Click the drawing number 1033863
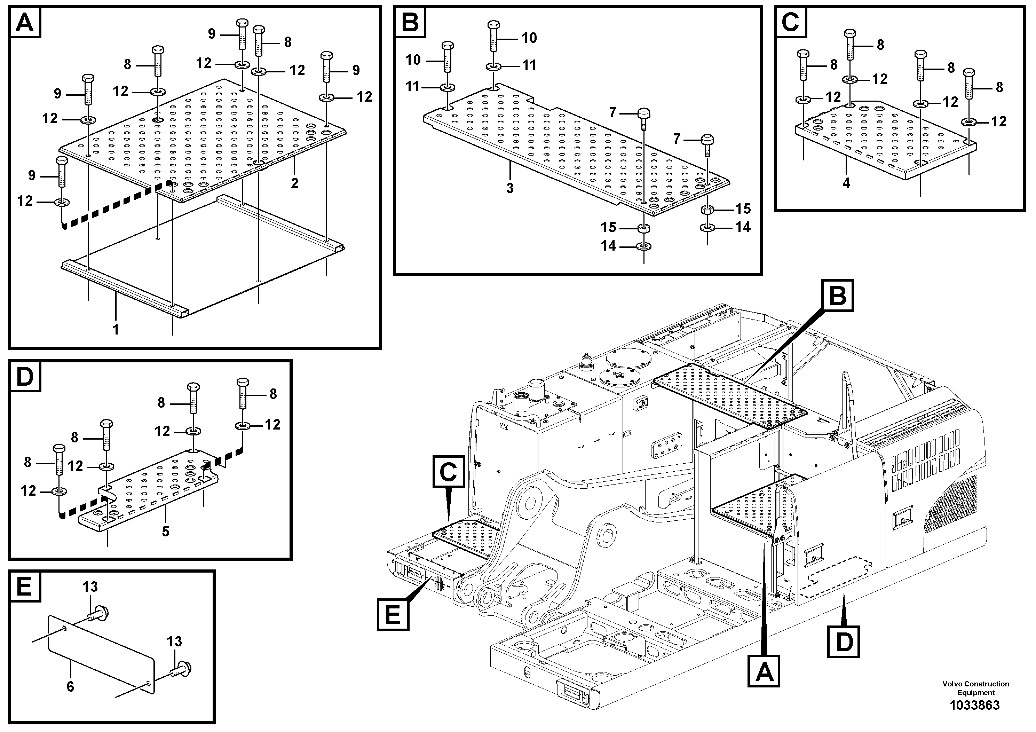(x=975, y=705)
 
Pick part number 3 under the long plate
(x=509, y=188)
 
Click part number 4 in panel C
(x=846, y=183)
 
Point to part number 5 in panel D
(x=165, y=532)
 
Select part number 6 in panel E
(x=70, y=686)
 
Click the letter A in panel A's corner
(x=24, y=23)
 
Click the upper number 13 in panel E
(x=90, y=587)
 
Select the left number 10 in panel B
(x=413, y=60)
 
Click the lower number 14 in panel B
(x=608, y=246)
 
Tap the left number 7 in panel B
(x=612, y=112)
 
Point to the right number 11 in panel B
(x=529, y=65)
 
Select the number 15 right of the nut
(x=743, y=208)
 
